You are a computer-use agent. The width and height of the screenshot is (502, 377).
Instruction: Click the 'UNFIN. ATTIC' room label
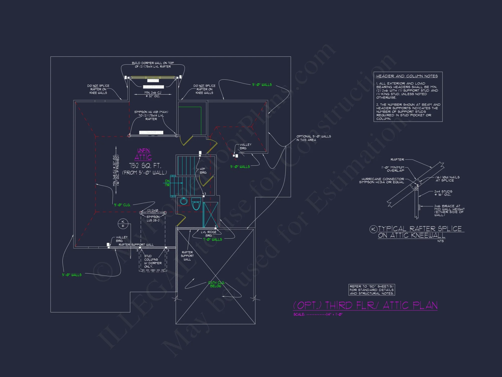pyautogui.click(x=143, y=154)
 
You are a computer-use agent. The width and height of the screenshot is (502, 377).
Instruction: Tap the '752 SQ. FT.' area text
pyautogui.click(x=145, y=166)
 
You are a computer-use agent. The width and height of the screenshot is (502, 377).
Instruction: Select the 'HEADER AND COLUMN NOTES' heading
pyautogui.click(x=407, y=76)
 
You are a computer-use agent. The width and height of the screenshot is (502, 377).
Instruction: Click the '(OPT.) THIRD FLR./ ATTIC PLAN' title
pyautogui.click(x=365, y=305)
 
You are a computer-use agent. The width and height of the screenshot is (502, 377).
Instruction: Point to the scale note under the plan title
pyautogui.click(x=318, y=314)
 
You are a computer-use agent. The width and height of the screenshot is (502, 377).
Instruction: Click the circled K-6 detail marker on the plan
pyautogui.click(x=123, y=224)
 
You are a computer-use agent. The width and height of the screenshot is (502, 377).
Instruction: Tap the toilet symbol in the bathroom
pyautogui.click(x=196, y=204)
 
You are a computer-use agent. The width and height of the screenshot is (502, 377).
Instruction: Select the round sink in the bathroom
pyautogui.click(x=184, y=201)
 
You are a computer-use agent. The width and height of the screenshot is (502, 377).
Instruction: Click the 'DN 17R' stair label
pyautogui.click(x=167, y=183)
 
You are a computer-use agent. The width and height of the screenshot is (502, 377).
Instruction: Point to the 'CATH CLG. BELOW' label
pyautogui.click(x=216, y=284)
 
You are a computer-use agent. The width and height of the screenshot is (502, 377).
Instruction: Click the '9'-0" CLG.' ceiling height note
pyautogui.click(x=122, y=205)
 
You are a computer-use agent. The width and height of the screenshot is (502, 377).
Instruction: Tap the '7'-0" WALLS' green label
pyautogui.click(x=213, y=240)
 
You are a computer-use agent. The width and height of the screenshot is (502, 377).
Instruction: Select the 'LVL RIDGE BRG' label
pyautogui.click(x=209, y=234)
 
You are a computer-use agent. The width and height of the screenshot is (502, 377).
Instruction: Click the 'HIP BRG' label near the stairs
pyautogui.click(x=203, y=171)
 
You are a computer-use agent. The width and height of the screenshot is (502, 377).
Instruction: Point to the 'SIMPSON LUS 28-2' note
pyautogui.click(x=153, y=218)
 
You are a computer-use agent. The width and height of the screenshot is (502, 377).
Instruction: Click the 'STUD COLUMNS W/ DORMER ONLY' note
pyautogui.click(x=153, y=261)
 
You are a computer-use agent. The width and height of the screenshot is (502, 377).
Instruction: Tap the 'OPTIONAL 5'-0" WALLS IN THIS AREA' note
pyautogui.click(x=313, y=138)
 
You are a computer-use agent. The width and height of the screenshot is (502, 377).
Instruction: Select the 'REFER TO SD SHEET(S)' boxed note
pyautogui.click(x=372, y=290)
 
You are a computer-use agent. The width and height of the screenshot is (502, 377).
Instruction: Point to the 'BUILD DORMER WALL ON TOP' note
pyautogui.click(x=153, y=65)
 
